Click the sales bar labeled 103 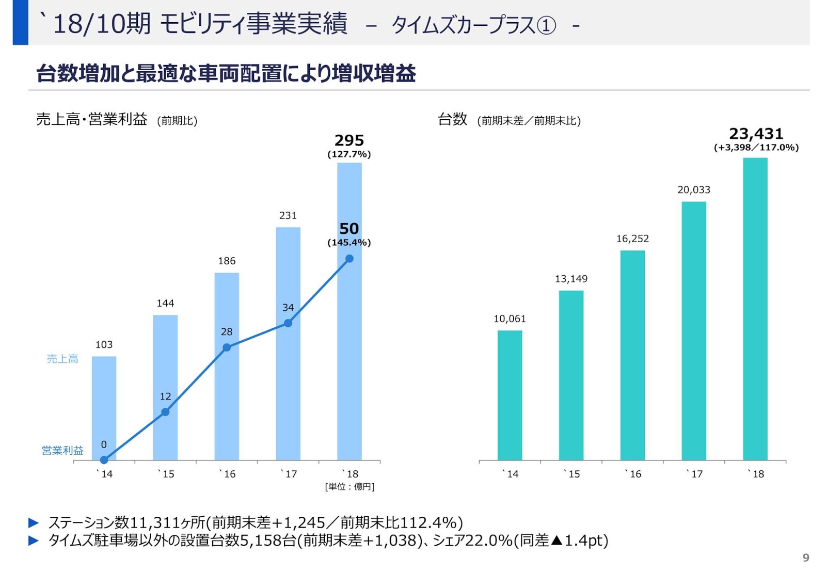tap(104, 408)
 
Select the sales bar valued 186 tap(227, 367)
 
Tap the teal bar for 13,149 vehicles tap(571, 375)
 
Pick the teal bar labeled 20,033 tap(694, 330)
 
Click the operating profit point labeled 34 tap(288, 323)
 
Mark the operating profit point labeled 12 tap(165, 412)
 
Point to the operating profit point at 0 tap(104, 459)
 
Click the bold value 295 tap(349, 140)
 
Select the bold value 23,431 tap(756, 134)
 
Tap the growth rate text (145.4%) tap(349, 243)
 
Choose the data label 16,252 tap(632, 239)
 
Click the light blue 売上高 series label tap(62, 359)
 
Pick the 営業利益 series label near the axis tap(62, 451)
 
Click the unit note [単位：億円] tap(350, 487)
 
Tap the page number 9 tap(805, 558)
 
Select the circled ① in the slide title tap(546, 25)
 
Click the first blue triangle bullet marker tap(34, 523)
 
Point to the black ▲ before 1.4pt tap(557, 541)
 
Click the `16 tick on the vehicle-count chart tap(633, 474)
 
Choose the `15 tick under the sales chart tap(166, 474)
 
